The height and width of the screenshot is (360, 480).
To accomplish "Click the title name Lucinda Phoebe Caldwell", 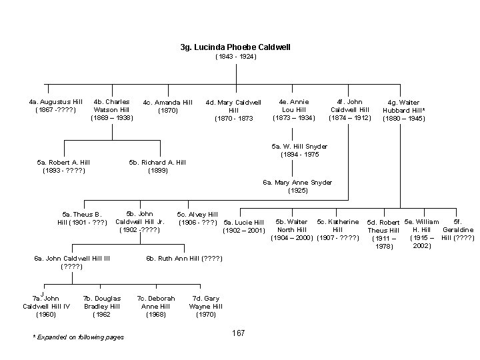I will (x=235, y=47).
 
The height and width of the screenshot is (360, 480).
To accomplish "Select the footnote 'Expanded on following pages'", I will (x=78, y=337).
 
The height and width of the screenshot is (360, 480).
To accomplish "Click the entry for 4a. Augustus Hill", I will (x=55, y=105).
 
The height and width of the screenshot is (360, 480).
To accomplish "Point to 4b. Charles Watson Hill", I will (x=111, y=109).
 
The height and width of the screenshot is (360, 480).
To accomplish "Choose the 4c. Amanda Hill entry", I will (x=167, y=106).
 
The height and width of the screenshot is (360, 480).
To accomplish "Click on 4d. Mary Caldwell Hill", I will (x=233, y=110).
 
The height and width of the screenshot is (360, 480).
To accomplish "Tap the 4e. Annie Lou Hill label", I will (x=293, y=109).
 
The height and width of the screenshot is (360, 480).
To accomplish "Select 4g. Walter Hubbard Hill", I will (x=403, y=111).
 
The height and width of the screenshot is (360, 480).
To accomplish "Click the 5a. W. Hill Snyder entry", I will (x=299, y=150).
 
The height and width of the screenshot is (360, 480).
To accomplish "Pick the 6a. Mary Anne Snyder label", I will (x=297, y=186).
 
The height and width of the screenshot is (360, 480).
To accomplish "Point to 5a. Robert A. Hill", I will (x=63, y=166).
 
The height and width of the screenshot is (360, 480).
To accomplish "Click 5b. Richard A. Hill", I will (x=157, y=166).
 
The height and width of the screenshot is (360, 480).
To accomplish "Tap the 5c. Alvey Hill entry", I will (x=197, y=218).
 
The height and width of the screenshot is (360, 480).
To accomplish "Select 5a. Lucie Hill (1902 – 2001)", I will (x=244, y=226).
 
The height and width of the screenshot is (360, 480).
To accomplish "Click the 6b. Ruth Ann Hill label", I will (x=184, y=259).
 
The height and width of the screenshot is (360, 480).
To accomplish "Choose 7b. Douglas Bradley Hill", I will (x=102, y=306).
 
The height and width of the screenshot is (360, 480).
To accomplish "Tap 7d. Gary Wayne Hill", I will (x=206, y=306).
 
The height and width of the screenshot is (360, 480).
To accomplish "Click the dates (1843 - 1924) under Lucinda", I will (x=235, y=57).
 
